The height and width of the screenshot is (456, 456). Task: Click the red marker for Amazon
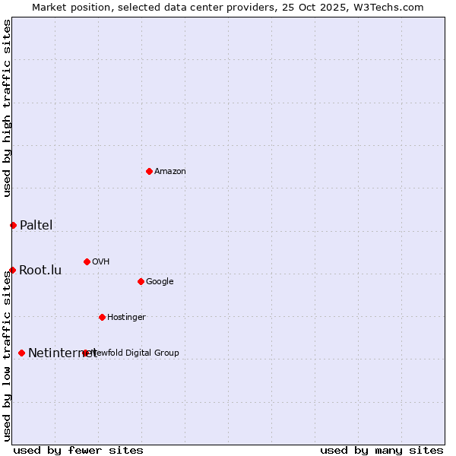149,171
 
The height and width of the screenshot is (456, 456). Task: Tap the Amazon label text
170,172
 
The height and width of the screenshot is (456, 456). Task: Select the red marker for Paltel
13,225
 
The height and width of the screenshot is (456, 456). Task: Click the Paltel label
36,225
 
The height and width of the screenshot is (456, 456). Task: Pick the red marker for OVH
87,261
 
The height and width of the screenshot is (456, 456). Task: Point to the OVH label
101,262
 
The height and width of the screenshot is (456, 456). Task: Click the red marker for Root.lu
12,270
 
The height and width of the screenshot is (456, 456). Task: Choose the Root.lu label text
40,270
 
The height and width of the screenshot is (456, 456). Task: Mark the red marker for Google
141,281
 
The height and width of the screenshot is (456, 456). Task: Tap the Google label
160,282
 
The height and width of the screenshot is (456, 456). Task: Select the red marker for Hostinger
102,317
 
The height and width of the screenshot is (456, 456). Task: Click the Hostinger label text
126,318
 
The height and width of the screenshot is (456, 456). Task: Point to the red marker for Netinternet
21,353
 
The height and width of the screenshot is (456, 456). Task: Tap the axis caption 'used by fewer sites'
78,450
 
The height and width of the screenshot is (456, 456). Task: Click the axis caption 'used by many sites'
382,450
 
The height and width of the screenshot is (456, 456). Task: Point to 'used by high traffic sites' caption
8,108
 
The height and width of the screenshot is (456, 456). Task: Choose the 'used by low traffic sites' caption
8,356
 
